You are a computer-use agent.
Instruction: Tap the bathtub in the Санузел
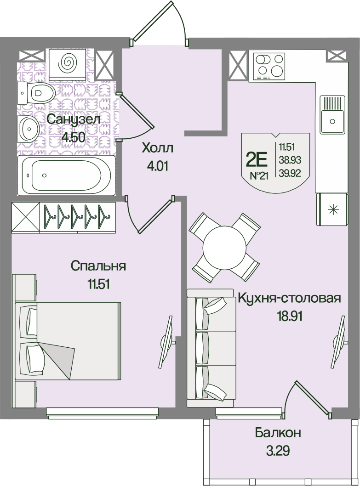click(66, 175)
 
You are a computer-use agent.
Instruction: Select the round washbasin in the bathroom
click(29, 129)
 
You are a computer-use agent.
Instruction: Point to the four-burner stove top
click(269, 66)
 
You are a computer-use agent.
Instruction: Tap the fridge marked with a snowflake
click(332, 209)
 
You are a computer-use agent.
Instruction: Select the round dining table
click(224, 248)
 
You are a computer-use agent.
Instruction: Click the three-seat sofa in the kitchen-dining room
click(210, 347)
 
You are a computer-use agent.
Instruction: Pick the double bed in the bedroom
click(67, 341)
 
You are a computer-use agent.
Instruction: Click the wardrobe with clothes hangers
click(63, 217)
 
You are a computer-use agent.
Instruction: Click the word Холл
click(157, 148)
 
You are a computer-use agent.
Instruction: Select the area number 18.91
click(289, 316)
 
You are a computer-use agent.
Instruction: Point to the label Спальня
click(98, 266)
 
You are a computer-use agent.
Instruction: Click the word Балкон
click(278, 433)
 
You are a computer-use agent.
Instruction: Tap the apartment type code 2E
click(257, 160)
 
